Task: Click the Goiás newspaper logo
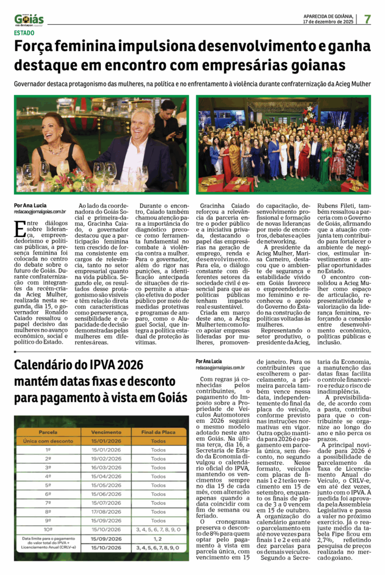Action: pyautogui.click(x=29, y=20)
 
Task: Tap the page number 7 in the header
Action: pyautogui.click(x=367, y=19)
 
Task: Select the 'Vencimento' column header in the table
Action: pyautogui.click(x=106, y=432)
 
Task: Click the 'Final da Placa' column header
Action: pyautogui.click(x=158, y=432)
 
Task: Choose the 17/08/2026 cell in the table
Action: pyautogui.click(x=106, y=512)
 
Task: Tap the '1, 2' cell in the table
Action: pyautogui.click(x=158, y=539)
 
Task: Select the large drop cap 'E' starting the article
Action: pyautogui.click(x=20, y=227)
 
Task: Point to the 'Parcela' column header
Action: pyautogui.click(x=48, y=432)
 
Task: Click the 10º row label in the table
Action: pyautogui.click(x=48, y=528)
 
